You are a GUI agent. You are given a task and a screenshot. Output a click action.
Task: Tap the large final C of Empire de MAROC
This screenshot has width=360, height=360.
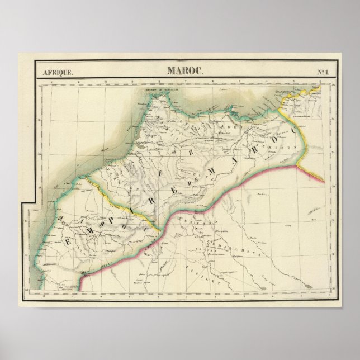point(291,130)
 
